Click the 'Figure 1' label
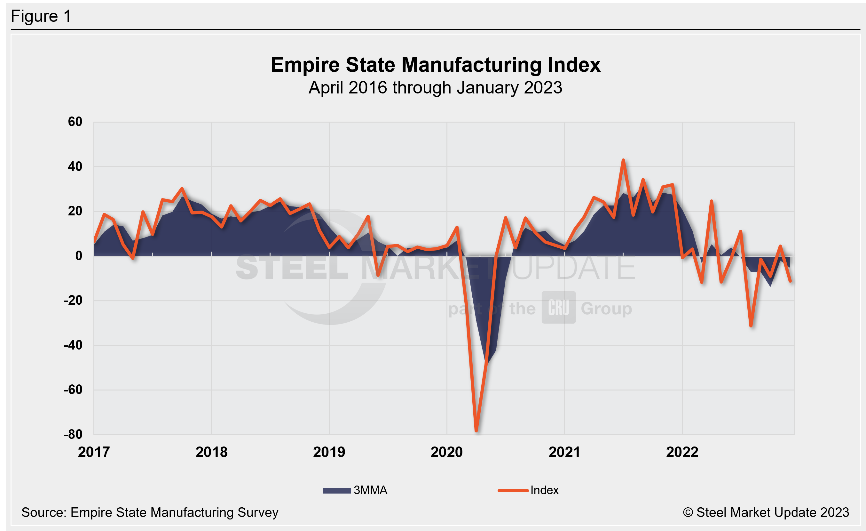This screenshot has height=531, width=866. click(x=41, y=16)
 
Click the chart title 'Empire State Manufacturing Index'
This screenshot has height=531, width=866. click(x=435, y=65)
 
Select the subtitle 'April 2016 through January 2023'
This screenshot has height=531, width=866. click(x=435, y=88)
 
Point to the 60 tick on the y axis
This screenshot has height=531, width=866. click(x=75, y=122)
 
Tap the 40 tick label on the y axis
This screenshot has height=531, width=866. click(x=75, y=166)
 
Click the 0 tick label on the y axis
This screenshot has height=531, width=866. click(x=79, y=256)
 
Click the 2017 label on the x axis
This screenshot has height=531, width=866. click(x=94, y=452)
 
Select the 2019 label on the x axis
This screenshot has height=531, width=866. click(x=329, y=452)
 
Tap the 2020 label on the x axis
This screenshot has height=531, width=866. click(x=447, y=452)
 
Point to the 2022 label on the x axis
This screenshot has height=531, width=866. click(x=682, y=452)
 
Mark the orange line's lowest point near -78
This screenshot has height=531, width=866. click(x=476, y=430)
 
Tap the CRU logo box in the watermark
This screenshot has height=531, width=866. click(x=558, y=307)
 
